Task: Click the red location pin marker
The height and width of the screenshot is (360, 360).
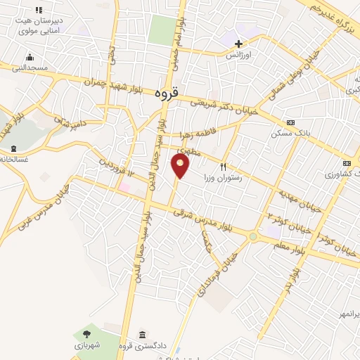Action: click(181, 166)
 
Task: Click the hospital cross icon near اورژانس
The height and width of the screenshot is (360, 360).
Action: click(239, 44)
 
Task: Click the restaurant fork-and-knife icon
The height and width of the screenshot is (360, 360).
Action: click(224, 167)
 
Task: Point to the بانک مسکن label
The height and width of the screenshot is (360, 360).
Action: click(288, 132)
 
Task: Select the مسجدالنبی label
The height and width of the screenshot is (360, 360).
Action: click(28, 67)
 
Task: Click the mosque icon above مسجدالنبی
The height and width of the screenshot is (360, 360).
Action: click(29, 57)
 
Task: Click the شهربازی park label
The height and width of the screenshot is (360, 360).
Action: click(87, 345)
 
